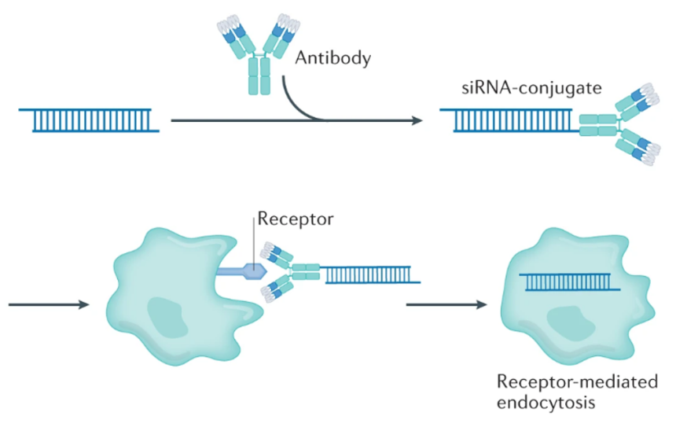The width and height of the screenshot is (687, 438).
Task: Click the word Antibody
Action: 332,57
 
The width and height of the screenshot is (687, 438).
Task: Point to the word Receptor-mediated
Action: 577,382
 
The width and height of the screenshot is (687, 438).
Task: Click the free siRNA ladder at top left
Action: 90,120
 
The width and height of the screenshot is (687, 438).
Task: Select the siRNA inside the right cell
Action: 570,282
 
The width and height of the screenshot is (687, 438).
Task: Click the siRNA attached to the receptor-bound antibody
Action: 371,274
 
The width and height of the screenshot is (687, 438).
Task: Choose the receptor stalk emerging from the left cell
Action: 228,271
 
